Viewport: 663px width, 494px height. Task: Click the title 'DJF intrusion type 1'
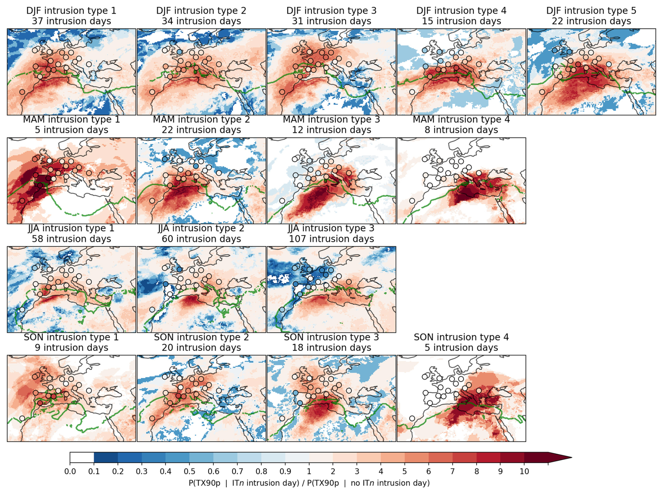tap(71, 11)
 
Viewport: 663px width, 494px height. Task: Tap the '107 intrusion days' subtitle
tap(331, 239)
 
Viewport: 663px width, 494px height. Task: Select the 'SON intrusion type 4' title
tap(461, 337)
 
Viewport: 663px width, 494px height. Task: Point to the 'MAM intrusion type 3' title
tap(331, 119)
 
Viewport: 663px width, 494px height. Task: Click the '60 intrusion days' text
tap(201, 239)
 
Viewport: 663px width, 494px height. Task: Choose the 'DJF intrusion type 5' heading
tap(591, 11)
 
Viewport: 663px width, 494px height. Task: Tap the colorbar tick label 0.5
tap(190, 472)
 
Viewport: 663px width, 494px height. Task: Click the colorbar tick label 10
tap(524, 472)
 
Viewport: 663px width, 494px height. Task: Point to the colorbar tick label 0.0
tap(70, 472)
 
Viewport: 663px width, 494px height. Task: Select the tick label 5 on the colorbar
tap(405, 472)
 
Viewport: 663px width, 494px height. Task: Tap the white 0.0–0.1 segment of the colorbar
tap(82, 458)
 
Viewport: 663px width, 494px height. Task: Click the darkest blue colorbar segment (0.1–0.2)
tap(106, 458)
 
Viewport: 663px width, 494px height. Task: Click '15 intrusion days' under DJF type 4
tap(461, 21)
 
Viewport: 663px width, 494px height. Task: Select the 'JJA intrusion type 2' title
tap(201, 228)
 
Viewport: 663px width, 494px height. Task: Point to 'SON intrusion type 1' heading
tap(71, 337)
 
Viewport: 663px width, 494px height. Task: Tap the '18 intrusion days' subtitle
tap(331, 348)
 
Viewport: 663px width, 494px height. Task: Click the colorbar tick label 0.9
tap(285, 472)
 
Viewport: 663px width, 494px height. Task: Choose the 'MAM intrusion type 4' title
tap(461, 119)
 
